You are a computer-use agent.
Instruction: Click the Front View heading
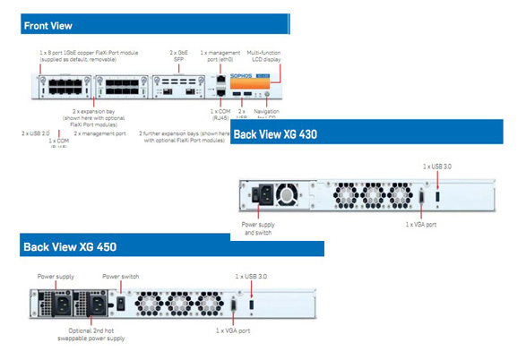tap(48, 26)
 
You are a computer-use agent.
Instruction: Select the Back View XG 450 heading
tap(69, 245)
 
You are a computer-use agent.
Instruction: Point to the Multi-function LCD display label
tap(263, 57)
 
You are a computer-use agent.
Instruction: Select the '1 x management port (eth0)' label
tap(220, 58)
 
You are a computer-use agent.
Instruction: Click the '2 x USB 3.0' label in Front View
tap(36, 133)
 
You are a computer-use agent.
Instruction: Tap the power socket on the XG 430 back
tap(266, 194)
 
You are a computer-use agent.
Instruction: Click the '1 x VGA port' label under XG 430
tap(421, 222)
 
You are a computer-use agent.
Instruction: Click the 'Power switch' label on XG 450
tap(120, 277)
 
